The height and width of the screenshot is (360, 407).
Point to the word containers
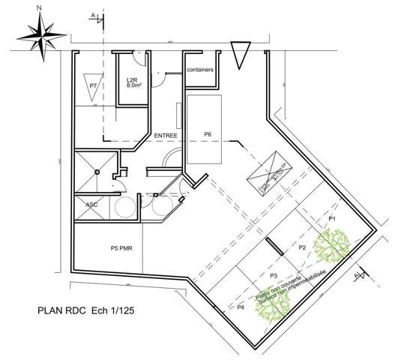click(202, 70)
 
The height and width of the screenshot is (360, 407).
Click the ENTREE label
click(165, 135)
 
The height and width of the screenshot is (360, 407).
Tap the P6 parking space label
click(208, 134)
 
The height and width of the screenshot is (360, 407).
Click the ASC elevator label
click(91, 205)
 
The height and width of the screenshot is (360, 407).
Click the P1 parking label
click(332, 217)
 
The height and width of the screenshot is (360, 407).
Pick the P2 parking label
click(303, 247)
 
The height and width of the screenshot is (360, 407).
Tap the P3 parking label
click(274, 277)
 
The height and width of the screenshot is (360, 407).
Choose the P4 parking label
click(241, 307)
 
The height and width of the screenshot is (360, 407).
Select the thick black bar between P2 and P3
click(273, 247)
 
